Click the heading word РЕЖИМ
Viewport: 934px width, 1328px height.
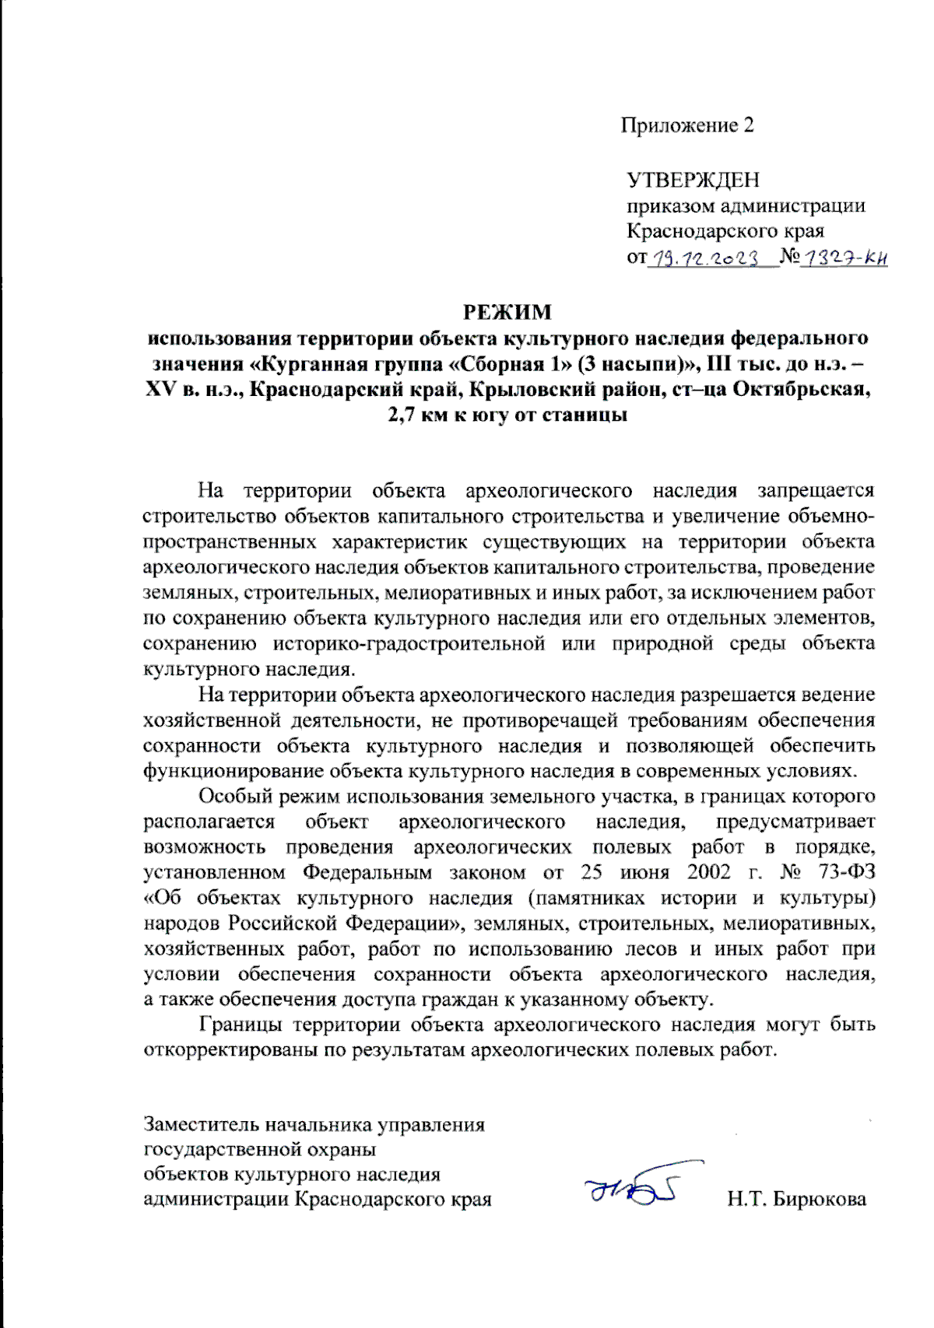507,312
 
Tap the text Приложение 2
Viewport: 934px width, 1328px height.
687,125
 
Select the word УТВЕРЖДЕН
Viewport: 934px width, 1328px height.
693,180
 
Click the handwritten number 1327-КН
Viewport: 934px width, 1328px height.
844,258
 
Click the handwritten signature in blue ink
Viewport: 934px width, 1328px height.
632,1188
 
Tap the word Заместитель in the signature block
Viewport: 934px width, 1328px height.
202,1124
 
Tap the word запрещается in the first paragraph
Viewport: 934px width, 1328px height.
816,490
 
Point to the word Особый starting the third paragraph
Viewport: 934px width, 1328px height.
235,796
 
